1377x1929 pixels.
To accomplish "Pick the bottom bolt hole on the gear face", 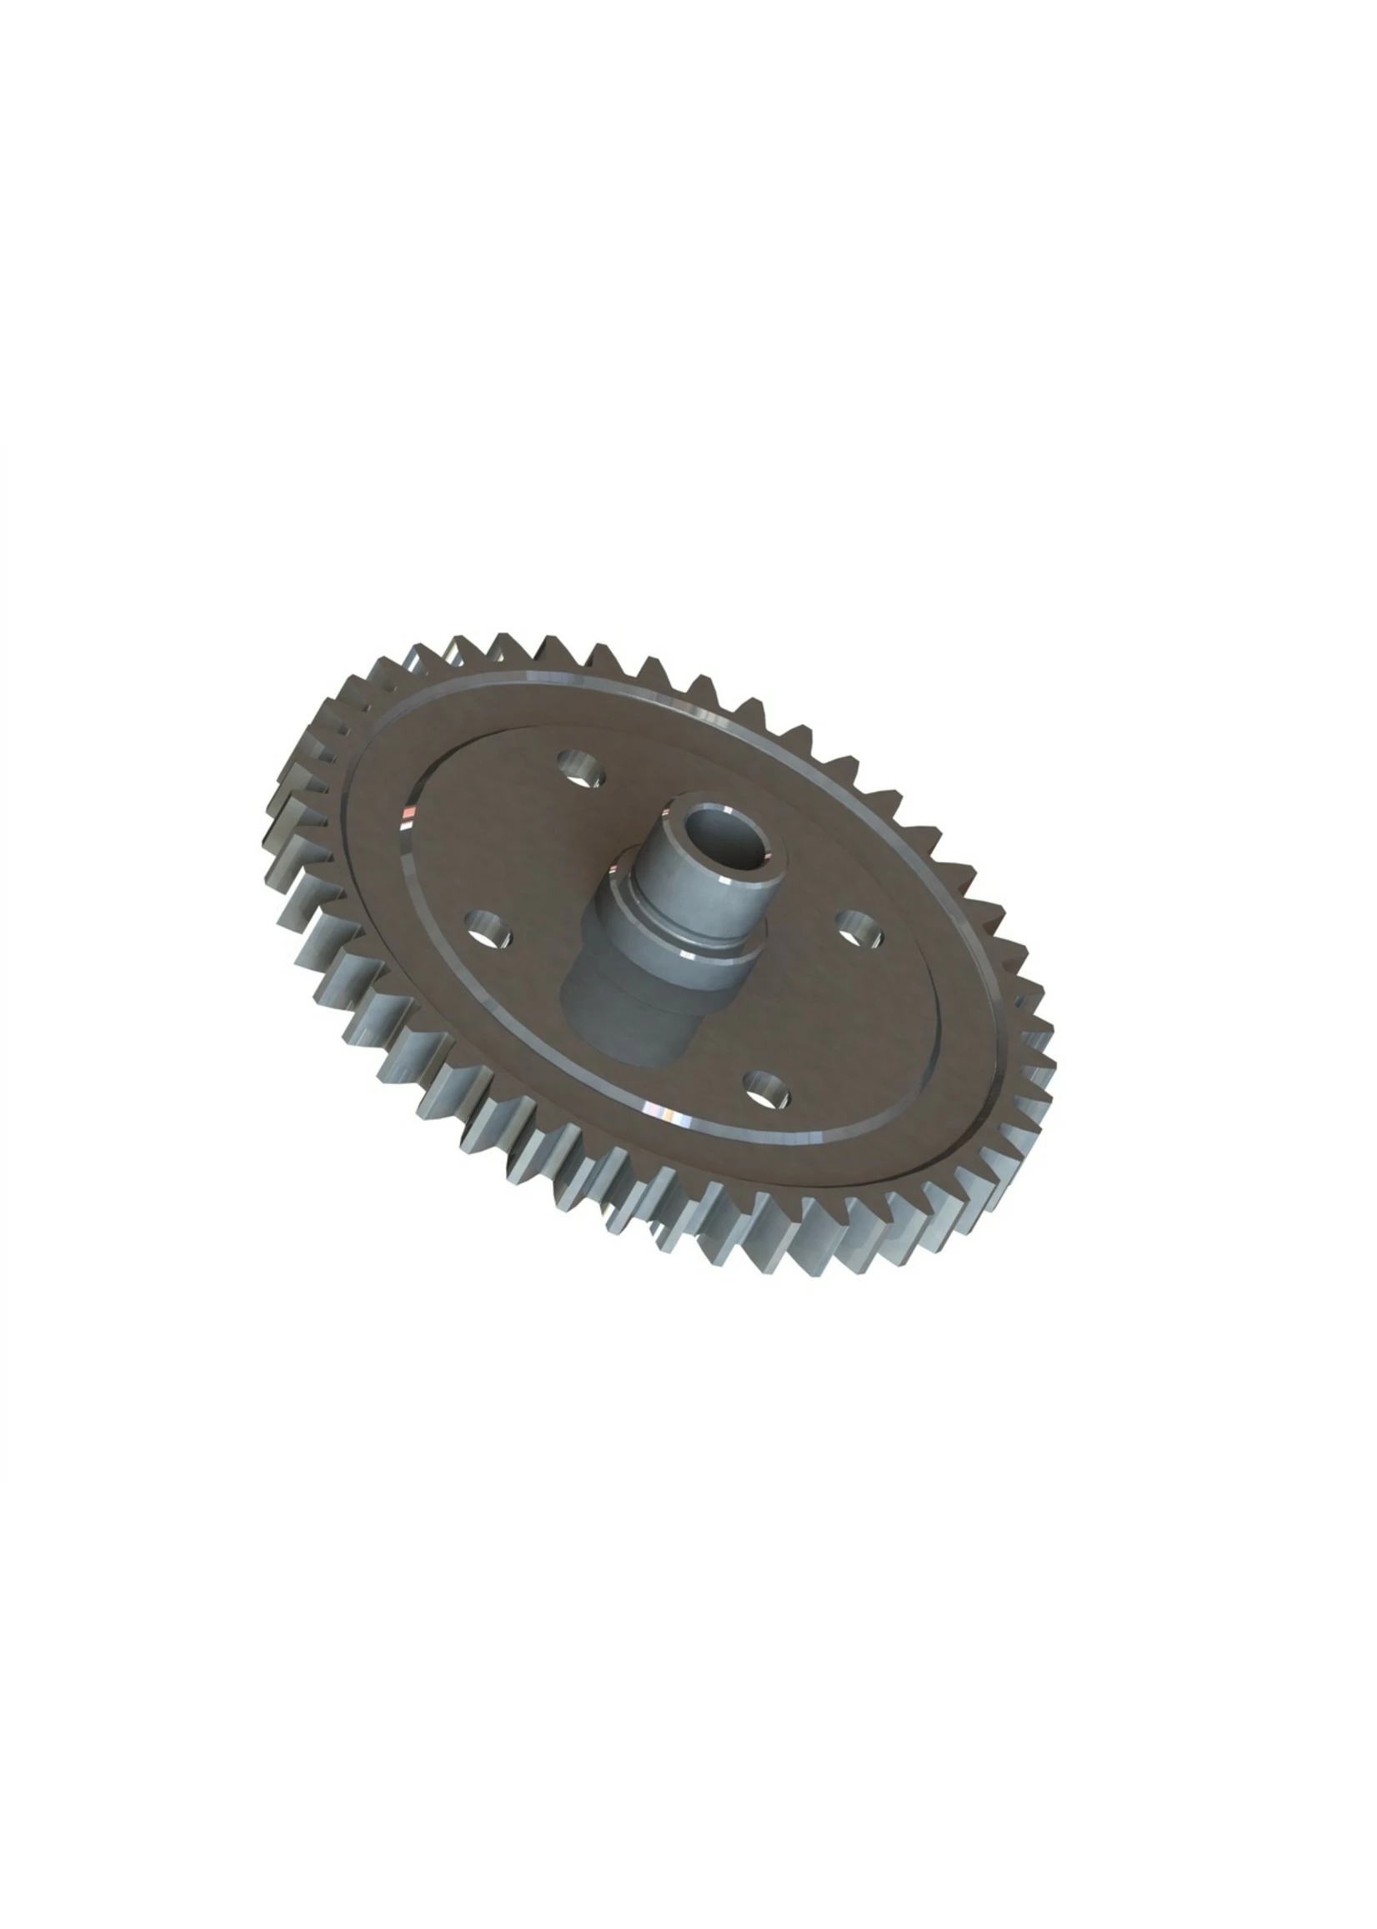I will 766,1088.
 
